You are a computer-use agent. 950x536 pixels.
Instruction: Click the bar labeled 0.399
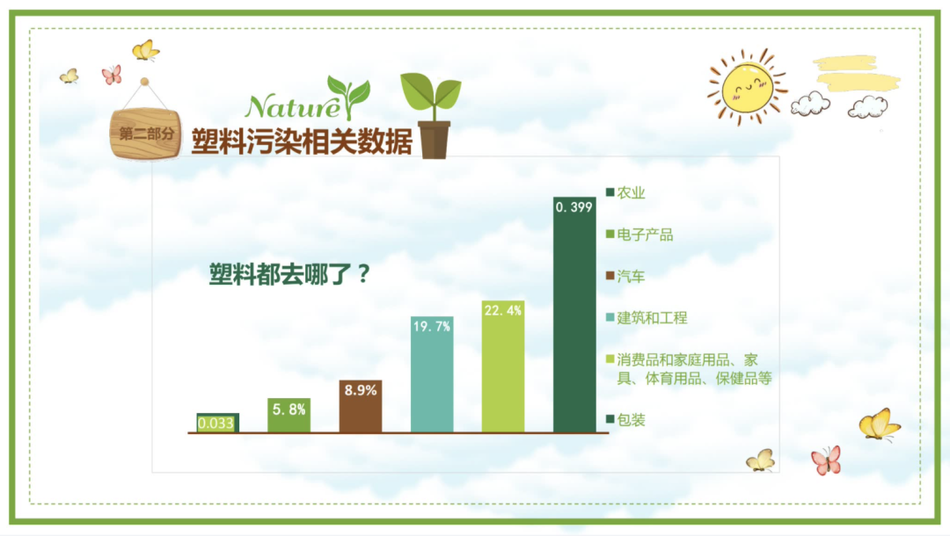pos(574,315)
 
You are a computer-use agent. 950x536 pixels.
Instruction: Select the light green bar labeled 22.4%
pos(503,366)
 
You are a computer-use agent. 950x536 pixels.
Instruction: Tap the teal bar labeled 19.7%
pos(432,374)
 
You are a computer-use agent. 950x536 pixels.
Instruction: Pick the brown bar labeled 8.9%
pos(361,406)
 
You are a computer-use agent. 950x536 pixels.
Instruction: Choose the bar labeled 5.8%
pos(289,415)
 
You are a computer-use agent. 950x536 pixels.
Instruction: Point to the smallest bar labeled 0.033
pos(217,423)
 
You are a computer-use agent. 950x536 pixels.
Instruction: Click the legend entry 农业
pos(625,192)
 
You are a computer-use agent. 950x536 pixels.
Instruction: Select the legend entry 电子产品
pos(639,235)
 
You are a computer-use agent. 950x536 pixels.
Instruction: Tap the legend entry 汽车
pos(625,277)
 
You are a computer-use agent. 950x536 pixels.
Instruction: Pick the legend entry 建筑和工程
pos(647,317)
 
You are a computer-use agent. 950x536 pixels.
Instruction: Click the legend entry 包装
pos(625,419)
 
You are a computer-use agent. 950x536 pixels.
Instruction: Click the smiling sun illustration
pos(748,87)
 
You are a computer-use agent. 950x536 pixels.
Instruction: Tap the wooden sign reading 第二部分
pos(145,134)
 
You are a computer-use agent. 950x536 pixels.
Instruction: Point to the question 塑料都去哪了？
pos(289,274)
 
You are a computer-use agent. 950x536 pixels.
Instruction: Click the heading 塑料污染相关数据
pos(302,141)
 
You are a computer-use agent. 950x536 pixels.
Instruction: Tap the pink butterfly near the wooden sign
pos(112,75)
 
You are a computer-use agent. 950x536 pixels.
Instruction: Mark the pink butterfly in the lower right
pos(826,460)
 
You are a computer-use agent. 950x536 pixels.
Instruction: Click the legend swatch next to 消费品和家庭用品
pos(610,359)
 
